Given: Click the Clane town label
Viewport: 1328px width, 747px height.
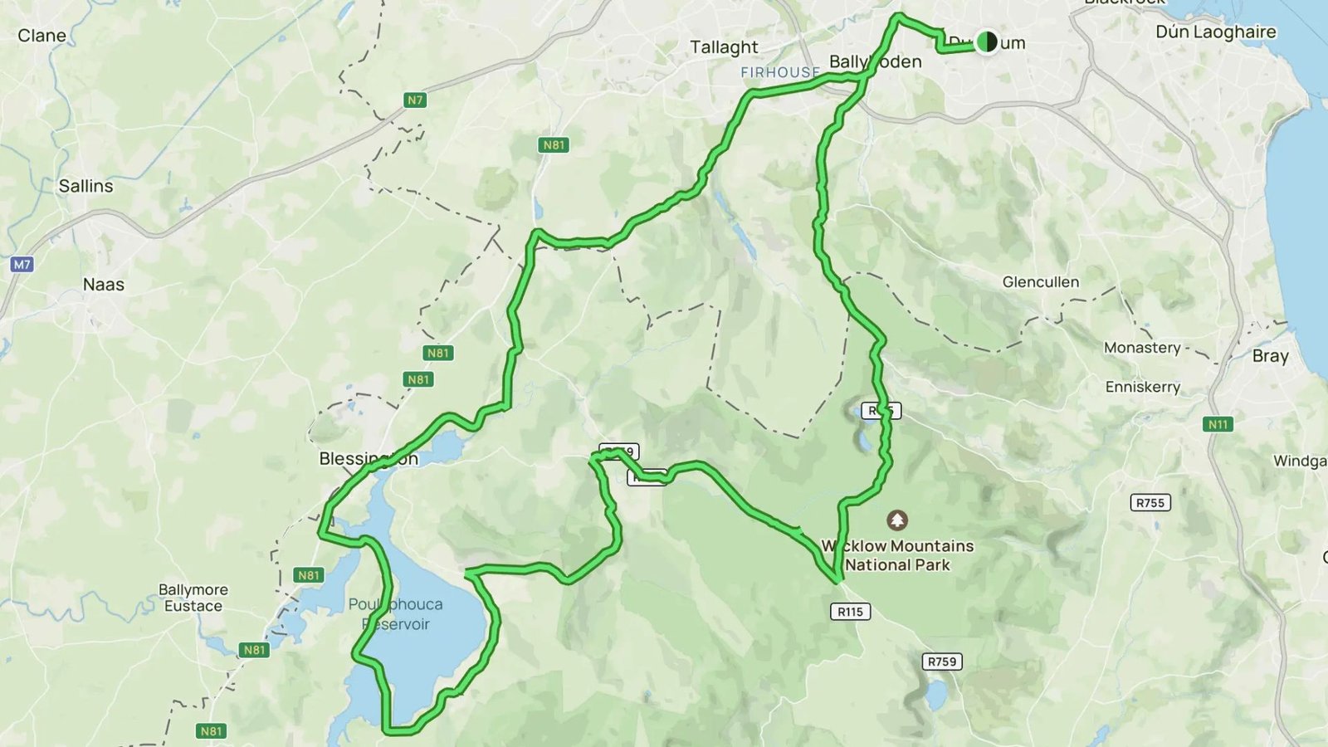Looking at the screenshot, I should [41, 36].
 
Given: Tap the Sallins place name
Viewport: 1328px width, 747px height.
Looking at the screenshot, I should [85, 186].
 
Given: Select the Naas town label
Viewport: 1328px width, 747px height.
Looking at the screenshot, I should [104, 285].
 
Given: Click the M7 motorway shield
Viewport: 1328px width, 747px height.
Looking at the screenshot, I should [22, 265].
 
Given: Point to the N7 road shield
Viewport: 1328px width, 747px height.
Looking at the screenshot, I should [415, 100].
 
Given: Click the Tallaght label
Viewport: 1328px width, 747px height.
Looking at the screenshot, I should [724, 47].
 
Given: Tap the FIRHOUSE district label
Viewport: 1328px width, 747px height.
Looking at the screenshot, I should [780, 73].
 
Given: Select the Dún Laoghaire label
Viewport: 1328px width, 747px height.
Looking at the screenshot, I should [1215, 32].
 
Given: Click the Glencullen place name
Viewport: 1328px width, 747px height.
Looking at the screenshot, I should [1040, 282].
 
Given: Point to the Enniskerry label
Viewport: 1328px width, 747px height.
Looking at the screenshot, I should [1142, 387].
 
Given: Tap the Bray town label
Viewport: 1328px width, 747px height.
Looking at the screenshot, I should [1270, 356].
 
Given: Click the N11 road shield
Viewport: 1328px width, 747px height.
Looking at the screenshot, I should [1218, 424].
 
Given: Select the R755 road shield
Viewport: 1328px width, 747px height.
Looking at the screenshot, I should [1150, 503].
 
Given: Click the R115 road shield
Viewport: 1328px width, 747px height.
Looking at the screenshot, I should [850, 612].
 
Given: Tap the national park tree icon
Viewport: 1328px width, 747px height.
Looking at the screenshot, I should [896, 520].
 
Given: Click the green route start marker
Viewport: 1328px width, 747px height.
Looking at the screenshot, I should [987, 41].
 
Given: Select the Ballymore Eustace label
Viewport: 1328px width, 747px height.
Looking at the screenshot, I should [193, 598].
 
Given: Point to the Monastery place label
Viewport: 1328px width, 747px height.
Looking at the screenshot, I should [1142, 348].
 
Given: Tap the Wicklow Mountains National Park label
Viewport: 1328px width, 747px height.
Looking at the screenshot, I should [897, 555].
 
